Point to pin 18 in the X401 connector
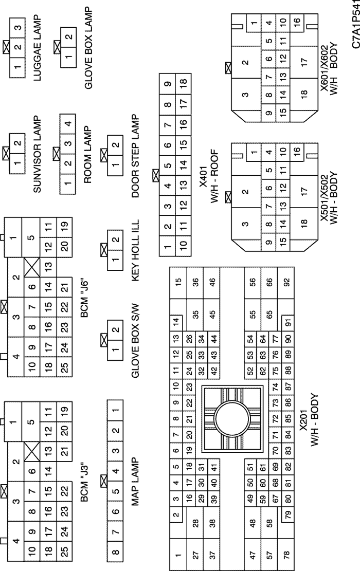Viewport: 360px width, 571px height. click(184, 82)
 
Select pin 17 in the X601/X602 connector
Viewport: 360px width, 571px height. click(304, 61)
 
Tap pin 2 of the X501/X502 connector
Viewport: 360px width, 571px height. click(245, 191)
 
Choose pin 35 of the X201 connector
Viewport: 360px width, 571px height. click(195, 314)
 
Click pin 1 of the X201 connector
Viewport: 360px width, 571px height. click(178, 555)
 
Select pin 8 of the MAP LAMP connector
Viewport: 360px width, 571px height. click(116, 551)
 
